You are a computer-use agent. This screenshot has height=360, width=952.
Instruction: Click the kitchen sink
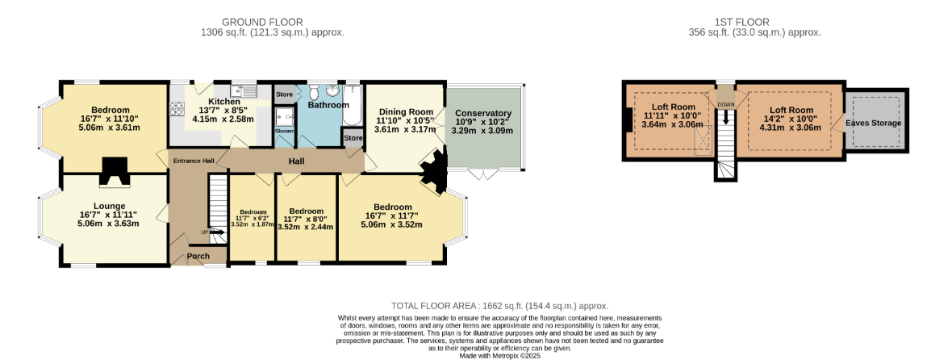click(248, 92)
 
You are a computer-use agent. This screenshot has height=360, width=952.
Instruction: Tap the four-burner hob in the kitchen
click(177, 109)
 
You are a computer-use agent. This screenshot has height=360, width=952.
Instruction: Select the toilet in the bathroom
click(314, 92)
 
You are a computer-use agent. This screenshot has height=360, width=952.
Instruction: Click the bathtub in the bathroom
click(353, 104)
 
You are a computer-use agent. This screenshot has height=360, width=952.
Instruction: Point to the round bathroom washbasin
click(332, 90)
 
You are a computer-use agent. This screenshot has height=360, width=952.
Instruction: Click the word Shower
click(283, 131)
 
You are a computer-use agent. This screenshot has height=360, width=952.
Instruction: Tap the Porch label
click(198, 256)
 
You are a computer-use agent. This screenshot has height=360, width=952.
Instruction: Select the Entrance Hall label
click(194, 161)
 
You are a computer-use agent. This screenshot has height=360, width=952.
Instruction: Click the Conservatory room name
click(483, 114)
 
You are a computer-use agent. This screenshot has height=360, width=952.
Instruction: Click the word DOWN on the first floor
click(725, 105)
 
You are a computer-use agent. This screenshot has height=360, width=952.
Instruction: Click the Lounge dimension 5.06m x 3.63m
click(109, 223)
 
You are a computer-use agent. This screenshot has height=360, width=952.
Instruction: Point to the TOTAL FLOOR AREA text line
click(499, 306)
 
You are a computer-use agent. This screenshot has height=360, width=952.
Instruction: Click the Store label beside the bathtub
click(353, 138)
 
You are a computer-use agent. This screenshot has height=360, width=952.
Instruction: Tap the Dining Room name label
click(406, 111)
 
